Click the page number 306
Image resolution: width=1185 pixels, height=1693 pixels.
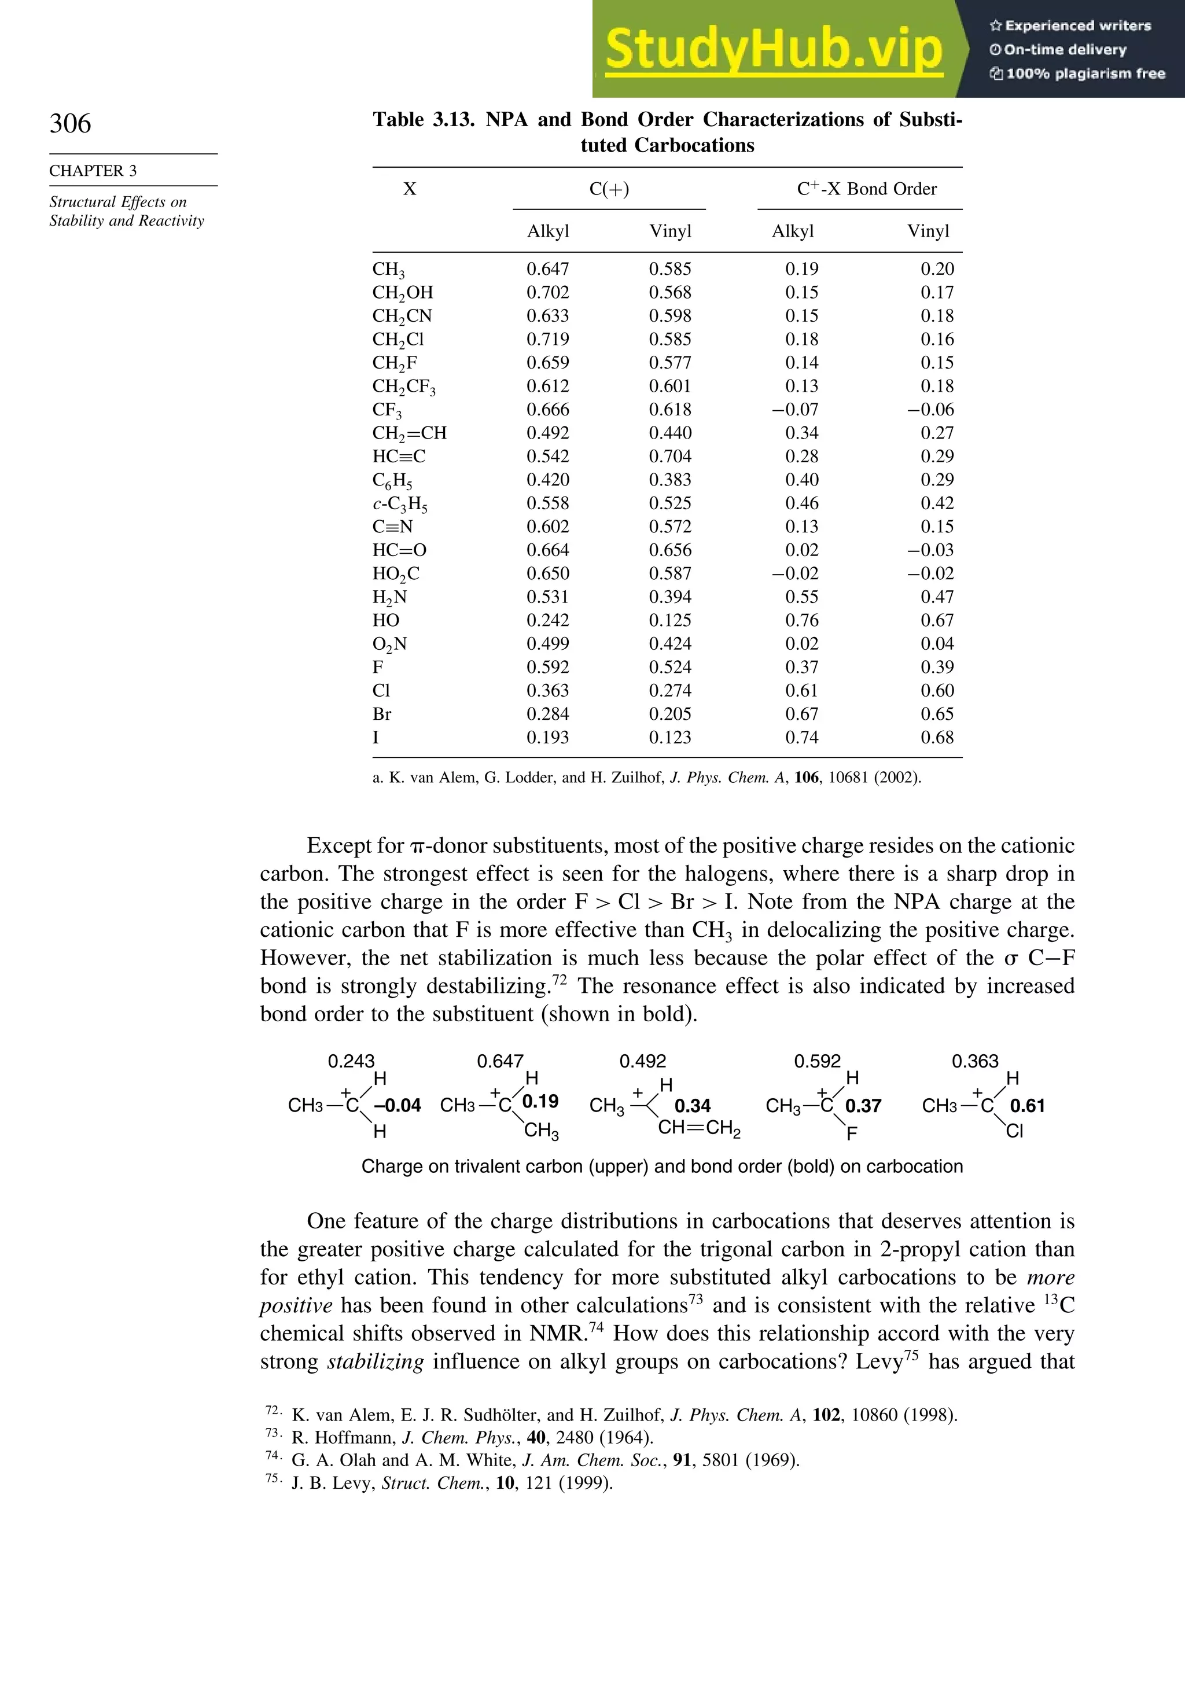[70, 123]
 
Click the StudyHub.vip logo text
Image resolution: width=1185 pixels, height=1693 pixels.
[773, 49]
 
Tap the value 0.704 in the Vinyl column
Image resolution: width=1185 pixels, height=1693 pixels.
[669, 457]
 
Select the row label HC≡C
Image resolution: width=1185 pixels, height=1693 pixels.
[398, 457]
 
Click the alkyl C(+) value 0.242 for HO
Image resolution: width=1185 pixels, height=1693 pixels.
[547, 620]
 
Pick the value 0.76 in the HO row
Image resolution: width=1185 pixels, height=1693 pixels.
[801, 620]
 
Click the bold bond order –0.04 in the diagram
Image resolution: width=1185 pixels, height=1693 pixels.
[397, 1105]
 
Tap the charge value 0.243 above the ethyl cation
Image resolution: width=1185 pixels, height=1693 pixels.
[351, 1061]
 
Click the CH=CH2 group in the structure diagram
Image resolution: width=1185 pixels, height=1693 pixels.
[698, 1128]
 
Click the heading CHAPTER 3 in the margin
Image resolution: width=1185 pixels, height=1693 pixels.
[93, 170]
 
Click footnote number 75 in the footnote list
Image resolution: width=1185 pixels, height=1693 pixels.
[271, 1478]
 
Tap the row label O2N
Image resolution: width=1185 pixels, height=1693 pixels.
[389, 644]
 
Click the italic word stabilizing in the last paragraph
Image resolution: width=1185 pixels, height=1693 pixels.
[376, 1361]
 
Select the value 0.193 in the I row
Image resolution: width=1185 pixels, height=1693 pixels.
[547, 737]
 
